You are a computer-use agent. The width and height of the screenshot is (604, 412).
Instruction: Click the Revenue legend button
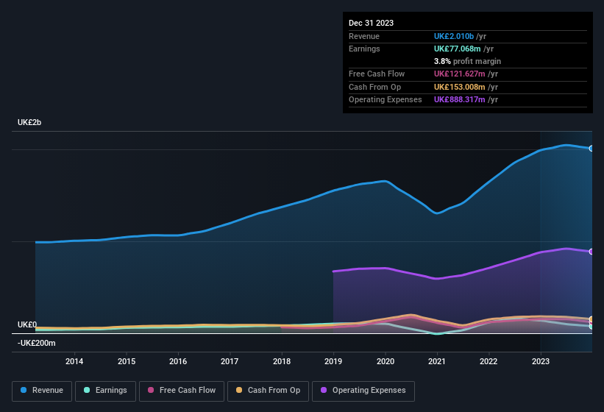coord(42,390)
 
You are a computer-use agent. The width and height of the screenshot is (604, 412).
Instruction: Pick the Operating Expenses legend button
coord(363,390)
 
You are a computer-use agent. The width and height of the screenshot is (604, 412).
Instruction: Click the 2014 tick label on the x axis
coord(74,361)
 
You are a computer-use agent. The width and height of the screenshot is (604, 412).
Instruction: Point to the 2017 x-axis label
coord(230,361)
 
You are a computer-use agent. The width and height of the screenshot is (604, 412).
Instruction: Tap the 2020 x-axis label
coord(385,361)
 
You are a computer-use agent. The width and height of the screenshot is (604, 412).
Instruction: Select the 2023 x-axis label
coord(540,361)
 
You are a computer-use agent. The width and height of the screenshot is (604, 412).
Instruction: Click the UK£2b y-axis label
coord(29,122)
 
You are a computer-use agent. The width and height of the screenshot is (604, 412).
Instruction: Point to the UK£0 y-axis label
coord(27,324)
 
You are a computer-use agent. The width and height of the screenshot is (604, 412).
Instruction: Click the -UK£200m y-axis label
coord(36,343)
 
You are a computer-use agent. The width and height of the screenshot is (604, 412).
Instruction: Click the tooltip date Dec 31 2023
coord(371,23)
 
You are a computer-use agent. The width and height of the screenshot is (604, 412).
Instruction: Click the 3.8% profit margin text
coord(467,61)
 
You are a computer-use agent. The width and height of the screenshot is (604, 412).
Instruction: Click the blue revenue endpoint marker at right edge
coord(591,149)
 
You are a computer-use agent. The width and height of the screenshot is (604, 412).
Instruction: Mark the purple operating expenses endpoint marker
coord(591,252)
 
